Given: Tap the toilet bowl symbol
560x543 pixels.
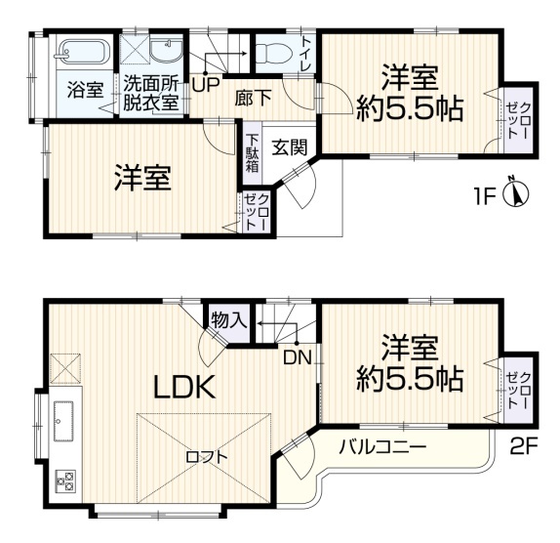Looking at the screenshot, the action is [275, 54].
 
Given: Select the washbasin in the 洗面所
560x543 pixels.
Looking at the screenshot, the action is [166, 52].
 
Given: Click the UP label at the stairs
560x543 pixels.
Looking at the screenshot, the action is [205, 85].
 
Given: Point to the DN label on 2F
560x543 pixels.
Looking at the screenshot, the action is [298, 357].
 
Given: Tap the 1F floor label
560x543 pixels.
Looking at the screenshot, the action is [485, 196].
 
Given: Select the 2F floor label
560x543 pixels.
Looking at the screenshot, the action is [524, 448].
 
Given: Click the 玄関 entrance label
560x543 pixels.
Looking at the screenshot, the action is [290, 147].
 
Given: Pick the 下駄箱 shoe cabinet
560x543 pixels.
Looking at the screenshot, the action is [253, 153].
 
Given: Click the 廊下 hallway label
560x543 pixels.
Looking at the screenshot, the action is [254, 98].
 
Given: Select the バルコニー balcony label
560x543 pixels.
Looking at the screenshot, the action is [382, 446].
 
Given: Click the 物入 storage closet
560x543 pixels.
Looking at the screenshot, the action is [229, 320].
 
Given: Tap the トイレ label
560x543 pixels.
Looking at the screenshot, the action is [306, 54].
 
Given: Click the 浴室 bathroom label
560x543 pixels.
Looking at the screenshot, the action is [85, 90].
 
